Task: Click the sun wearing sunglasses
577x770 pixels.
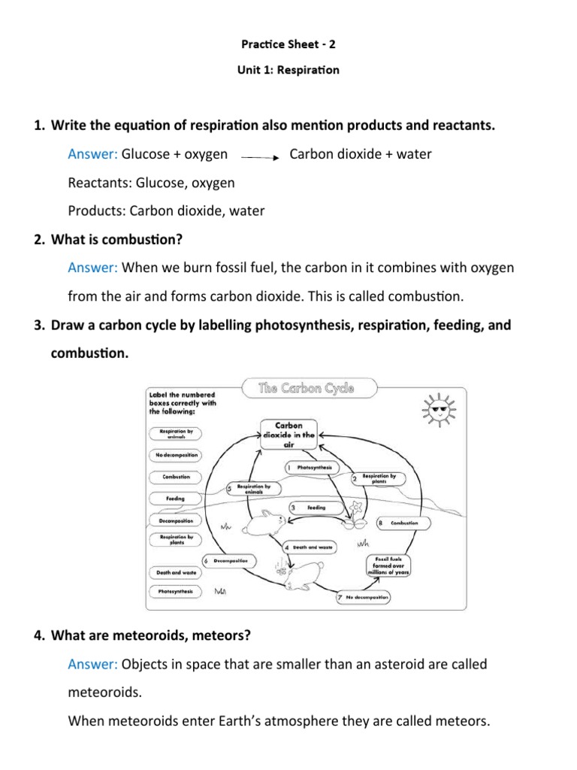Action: click(437, 410)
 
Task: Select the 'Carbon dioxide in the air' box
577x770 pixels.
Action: click(288, 435)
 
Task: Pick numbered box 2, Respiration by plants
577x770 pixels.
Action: click(377, 478)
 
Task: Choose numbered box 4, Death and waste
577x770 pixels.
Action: click(310, 547)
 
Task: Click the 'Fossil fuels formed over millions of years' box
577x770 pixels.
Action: click(387, 565)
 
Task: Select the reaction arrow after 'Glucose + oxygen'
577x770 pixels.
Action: click(260, 157)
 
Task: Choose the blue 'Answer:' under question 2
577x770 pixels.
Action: click(93, 267)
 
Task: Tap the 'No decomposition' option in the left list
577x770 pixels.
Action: click(177, 455)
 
